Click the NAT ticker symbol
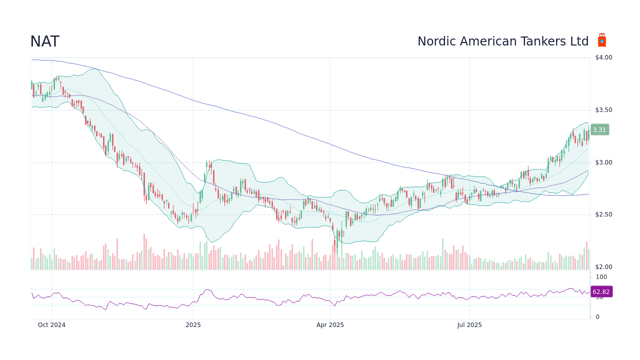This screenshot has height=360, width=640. click(x=44, y=42)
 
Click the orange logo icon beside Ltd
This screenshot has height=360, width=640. click(x=602, y=41)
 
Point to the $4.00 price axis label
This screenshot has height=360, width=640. click(x=603, y=57)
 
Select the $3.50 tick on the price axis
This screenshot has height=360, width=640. click(x=603, y=110)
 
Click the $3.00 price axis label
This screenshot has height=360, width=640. click(x=603, y=162)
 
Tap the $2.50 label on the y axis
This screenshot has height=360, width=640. click(x=603, y=214)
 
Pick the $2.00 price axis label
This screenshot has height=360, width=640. click(x=603, y=267)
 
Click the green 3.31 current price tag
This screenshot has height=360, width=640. click(x=599, y=130)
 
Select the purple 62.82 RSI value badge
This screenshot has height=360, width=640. click(x=601, y=292)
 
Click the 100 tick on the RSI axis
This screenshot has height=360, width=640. click(x=601, y=277)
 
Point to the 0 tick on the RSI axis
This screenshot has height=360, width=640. click(x=597, y=317)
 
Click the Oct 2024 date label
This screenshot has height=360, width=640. click(x=52, y=325)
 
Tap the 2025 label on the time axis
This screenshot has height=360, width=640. click(x=193, y=325)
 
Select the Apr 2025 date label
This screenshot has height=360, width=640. click(x=330, y=325)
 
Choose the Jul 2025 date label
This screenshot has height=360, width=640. click(x=469, y=325)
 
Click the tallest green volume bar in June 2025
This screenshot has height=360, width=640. click(x=442, y=254)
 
